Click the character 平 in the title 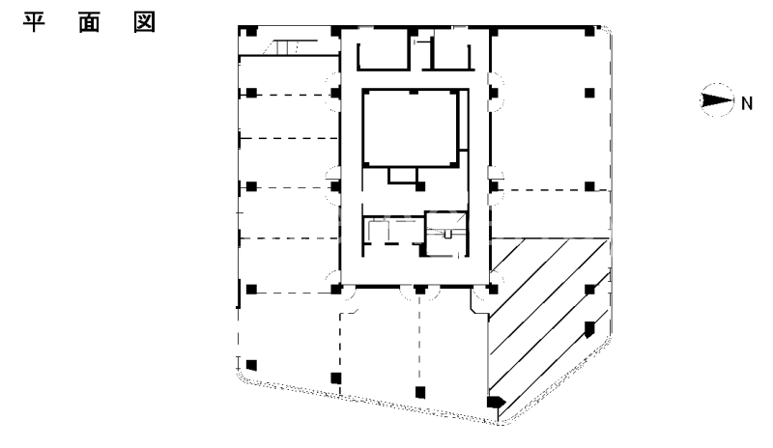(x=36, y=21)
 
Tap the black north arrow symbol (x=716, y=98)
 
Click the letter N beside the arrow (x=746, y=99)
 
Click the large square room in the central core (x=411, y=127)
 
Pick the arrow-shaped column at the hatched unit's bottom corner (x=496, y=403)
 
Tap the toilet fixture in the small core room (x=445, y=233)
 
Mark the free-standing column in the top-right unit (x=589, y=93)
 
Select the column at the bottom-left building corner (x=251, y=365)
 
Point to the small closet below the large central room (x=405, y=175)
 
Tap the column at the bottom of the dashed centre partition (x=418, y=391)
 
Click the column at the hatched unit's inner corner (x=493, y=289)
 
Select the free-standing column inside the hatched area (x=588, y=326)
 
